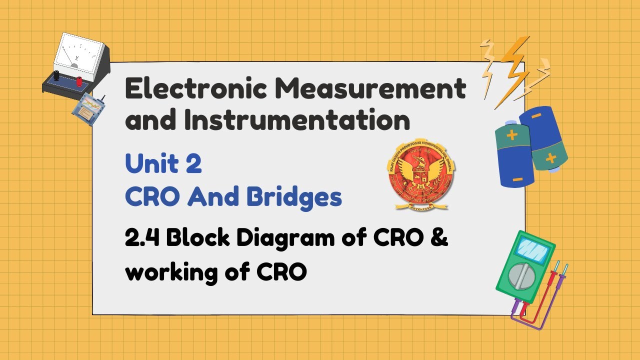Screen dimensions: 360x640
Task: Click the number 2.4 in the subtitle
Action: tap(142, 239)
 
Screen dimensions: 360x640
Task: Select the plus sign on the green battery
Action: tap(512, 135)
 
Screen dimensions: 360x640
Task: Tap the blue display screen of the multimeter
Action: tap(531, 248)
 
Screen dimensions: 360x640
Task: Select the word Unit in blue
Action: tap(150, 164)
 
